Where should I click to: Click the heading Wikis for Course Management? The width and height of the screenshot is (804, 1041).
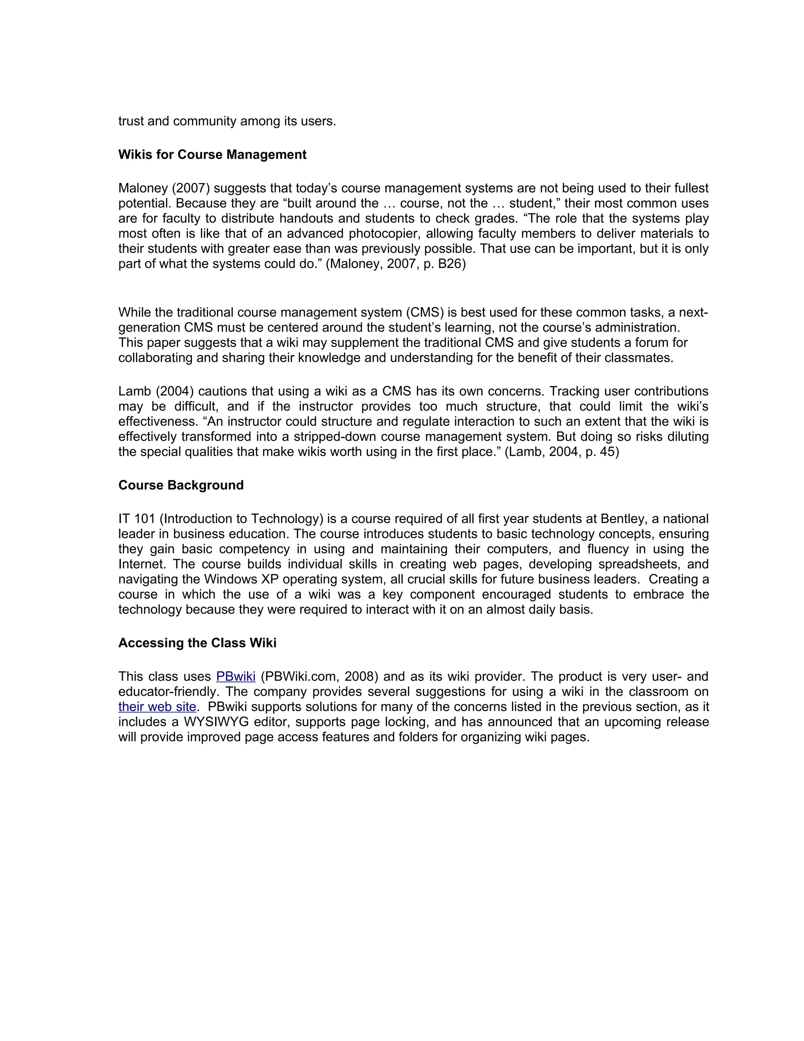[212, 154]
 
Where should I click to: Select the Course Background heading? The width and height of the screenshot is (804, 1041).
[181, 485]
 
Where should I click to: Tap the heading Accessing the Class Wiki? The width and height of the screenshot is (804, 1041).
[197, 643]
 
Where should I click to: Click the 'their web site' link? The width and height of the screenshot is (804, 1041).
[157, 706]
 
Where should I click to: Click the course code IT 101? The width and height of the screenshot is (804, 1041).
[136, 519]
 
